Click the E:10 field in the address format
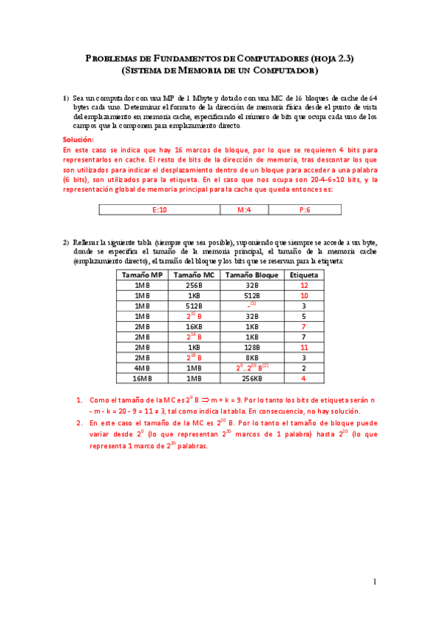pos(159,210)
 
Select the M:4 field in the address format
pos(245,210)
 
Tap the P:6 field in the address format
pos(305,210)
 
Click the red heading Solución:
pos(79,139)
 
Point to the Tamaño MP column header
pos(142,275)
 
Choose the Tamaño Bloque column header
pos(252,275)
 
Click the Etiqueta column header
pos(303,275)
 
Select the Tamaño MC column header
pos(194,275)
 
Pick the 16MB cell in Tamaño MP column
pos(142,378)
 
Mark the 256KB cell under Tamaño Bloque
pos(252,378)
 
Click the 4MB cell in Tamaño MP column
pos(142,368)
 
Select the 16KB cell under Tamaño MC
pos(194,327)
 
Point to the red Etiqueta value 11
pos(303,347)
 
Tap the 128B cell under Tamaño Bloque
pos(252,347)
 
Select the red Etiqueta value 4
pos(303,378)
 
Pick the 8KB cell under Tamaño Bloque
pos(252,358)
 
